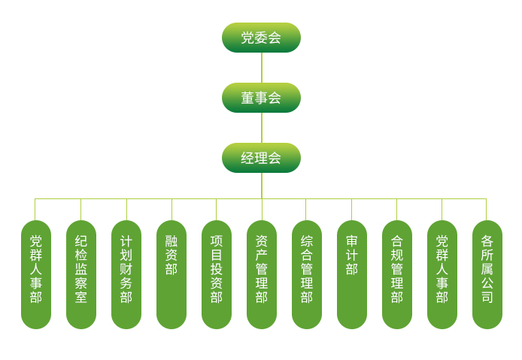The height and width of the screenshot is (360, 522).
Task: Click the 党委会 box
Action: pyautogui.click(x=261, y=38)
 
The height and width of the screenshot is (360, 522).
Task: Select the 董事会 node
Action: pyautogui.click(x=261, y=98)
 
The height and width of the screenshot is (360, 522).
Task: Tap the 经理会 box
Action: pyautogui.click(x=261, y=158)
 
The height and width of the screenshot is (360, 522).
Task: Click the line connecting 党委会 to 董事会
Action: pyautogui.click(x=262, y=68)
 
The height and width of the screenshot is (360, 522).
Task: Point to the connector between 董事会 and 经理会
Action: pyautogui.click(x=262, y=128)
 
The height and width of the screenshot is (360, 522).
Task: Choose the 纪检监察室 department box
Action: pyautogui.click(x=81, y=274)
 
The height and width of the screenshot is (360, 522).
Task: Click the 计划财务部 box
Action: pyautogui.click(x=126, y=274)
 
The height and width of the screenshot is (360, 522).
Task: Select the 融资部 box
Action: pyautogui.click(x=171, y=274)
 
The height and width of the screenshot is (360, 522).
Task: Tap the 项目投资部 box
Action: pyautogui.click(x=217, y=274)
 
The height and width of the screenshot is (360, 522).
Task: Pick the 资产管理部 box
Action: pyautogui.click(x=262, y=274)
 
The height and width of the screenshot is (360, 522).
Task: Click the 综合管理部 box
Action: pyautogui.click(x=307, y=274)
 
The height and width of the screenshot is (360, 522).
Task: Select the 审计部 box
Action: pyautogui.click(x=352, y=274)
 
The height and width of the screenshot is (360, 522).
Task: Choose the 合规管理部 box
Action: pyautogui.click(x=397, y=274)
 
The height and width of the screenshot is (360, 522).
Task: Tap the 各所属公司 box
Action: pyautogui.click(x=487, y=274)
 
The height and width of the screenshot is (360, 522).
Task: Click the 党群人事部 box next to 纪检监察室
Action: pyautogui.click(x=36, y=274)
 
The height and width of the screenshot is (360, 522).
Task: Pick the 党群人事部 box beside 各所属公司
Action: pyautogui.click(x=442, y=274)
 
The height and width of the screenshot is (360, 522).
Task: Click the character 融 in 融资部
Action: pyautogui.click(x=171, y=241)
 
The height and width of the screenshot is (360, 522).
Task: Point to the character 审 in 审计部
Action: pyautogui.click(x=352, y=241)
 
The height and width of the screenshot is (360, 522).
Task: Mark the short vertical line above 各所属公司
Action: pyautogui.click(x=487, y=210)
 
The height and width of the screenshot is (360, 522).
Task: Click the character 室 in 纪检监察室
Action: pyautogui.click(x=81, y=298)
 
